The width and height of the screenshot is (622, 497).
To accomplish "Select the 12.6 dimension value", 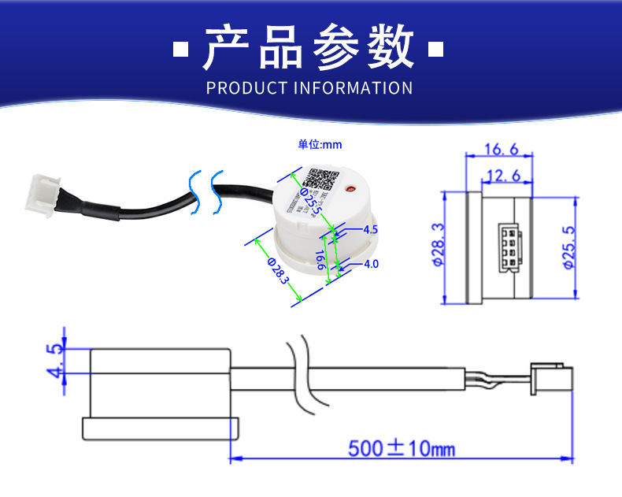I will pos(504,175).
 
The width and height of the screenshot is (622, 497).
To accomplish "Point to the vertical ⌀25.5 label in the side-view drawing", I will pos(569,247).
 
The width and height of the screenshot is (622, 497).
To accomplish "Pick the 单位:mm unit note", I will pos(320,144).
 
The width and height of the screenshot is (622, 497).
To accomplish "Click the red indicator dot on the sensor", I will pos(352,188).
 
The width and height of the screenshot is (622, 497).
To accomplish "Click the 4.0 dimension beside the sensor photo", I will pos(371,264).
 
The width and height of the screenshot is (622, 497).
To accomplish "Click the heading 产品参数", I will pos(309,48).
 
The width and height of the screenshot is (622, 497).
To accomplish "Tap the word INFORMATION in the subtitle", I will pos(353,87).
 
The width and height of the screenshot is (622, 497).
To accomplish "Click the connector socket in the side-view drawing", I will pos(503,247).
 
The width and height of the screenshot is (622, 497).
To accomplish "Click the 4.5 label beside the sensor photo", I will pos(371,230).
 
